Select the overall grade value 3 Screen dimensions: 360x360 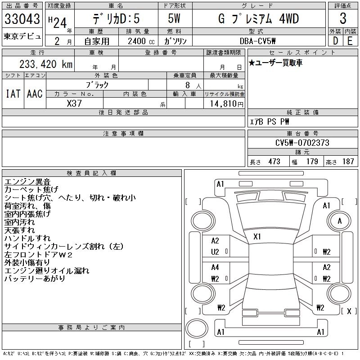pyautogui.click(x=343, y=18)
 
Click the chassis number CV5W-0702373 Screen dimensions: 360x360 pyautogui.click(x=302, y=143)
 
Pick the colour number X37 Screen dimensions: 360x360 pyautogui.click(x=74, y=103)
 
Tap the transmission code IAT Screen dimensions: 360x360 pyautogui.click(x=13, y=94)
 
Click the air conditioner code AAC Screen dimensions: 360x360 pyautogui.click(x=35, y=94)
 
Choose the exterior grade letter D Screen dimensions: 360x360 pyautogui.click(x=335, y=41)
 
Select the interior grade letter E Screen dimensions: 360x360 pyautogui.click(x=350, y=41)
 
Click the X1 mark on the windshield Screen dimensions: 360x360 pyautogui.click(x=257, y=236)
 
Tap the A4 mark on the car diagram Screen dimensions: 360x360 pyautogui.click(x=215, y=267)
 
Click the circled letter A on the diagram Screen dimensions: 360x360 pyautogui.click(x=340, y=221)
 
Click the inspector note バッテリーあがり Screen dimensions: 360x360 pyautogui.click(x=35, y=279)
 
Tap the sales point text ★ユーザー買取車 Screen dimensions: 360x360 pyautogui.click(x=275, y=63)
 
